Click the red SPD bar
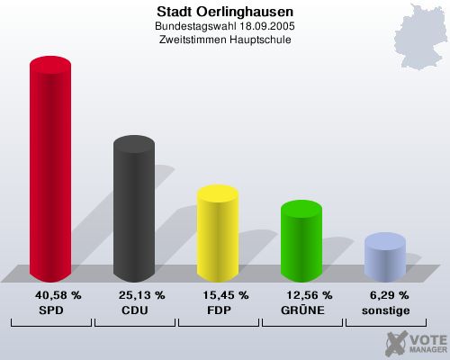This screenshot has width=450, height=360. (x=50, y=171)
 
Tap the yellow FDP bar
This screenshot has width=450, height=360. (x=217, y=234)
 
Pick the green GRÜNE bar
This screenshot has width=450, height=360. (x=301, y=241)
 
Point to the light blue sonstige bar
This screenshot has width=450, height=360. (x=384, y=257)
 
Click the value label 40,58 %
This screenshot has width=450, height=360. (x=58, y=295)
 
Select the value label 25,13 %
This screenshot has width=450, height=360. (x=141, y=295)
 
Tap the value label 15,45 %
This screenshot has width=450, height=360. (x=225, y=295)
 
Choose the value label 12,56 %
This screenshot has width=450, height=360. (x=309, y=295)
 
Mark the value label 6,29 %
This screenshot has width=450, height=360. (x=390, y=295)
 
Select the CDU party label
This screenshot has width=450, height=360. (x=133, y=310)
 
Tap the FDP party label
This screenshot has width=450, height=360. (x=217, y=310)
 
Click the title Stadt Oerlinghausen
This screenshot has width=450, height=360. (x=225, y=13)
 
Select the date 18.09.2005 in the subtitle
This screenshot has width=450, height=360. (x=266, y=27)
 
